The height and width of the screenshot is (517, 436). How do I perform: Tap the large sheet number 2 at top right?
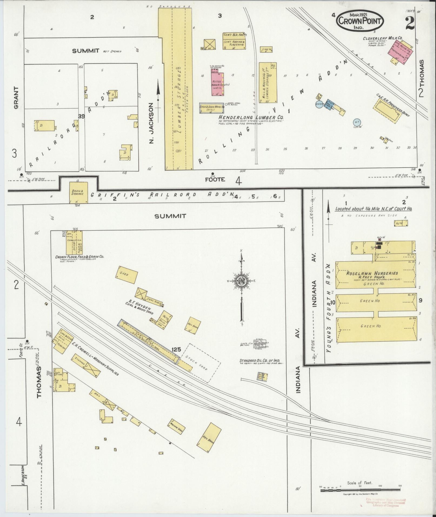tap(410, 23)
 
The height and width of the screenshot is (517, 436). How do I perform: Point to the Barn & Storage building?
tap(78, 193)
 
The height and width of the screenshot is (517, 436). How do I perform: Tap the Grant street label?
tap(16, 98)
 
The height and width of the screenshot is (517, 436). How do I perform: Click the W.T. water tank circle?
tap(357, 122)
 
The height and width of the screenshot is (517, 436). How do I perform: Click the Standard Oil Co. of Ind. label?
tap(259, 361)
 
